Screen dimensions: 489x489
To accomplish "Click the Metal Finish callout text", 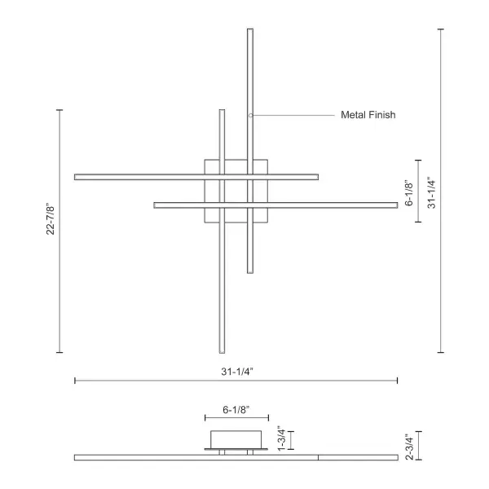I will (368, 116).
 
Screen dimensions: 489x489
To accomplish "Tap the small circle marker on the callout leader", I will (251, 116).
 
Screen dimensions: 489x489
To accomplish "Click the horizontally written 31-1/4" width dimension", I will (236, 371).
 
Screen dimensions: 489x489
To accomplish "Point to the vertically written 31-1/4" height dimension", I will (432, 192).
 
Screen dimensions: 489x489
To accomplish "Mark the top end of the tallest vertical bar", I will (250, 31).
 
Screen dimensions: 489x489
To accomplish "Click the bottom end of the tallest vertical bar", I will (250, 271).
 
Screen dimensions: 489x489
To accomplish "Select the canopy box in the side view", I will (236, 438).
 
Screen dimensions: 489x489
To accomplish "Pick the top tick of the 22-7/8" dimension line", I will (59, 109).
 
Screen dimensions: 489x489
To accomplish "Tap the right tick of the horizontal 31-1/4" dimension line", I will (398, 381).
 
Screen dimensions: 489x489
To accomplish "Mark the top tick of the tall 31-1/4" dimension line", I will (441, 29).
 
